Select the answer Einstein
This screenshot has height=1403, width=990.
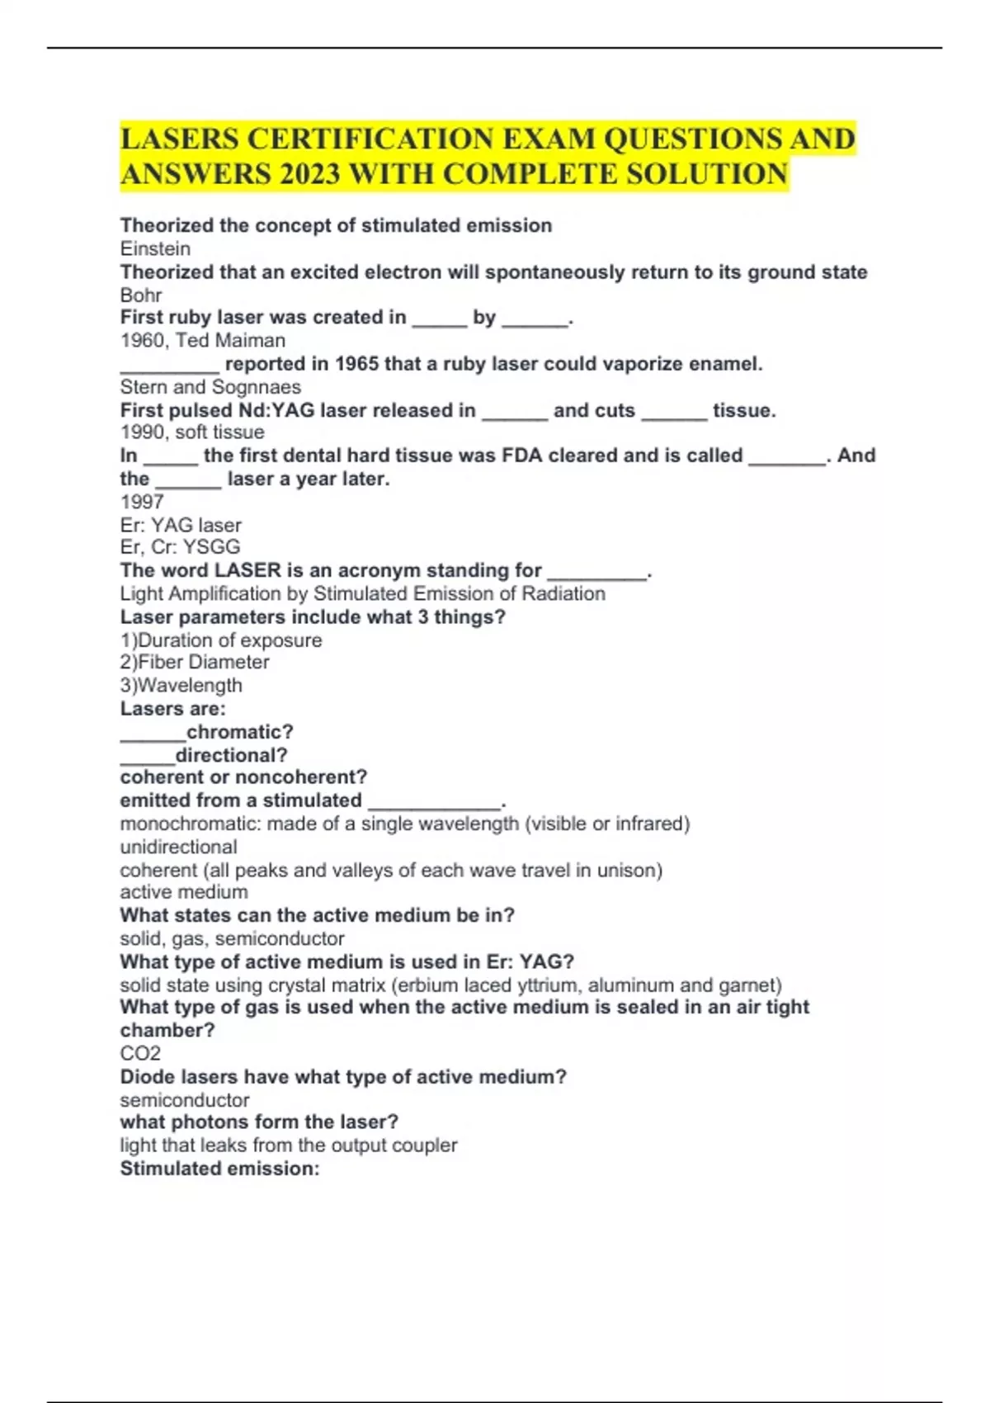pos(155,248)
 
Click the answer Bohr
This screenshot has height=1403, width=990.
pos(141,295)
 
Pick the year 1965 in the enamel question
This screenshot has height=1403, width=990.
pos(356,364)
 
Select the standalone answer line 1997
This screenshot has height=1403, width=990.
pos(142,502)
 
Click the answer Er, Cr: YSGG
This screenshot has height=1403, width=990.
pos(180,547)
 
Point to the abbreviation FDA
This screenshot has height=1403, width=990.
pos(521,456)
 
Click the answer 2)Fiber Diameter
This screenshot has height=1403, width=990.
pos(195,662)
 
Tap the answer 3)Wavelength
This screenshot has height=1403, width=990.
pos(181,685)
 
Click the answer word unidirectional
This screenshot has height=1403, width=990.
pos(178,847)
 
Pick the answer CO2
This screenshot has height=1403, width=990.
pos(140,1053)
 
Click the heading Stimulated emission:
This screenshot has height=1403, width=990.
pos(219,1169)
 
